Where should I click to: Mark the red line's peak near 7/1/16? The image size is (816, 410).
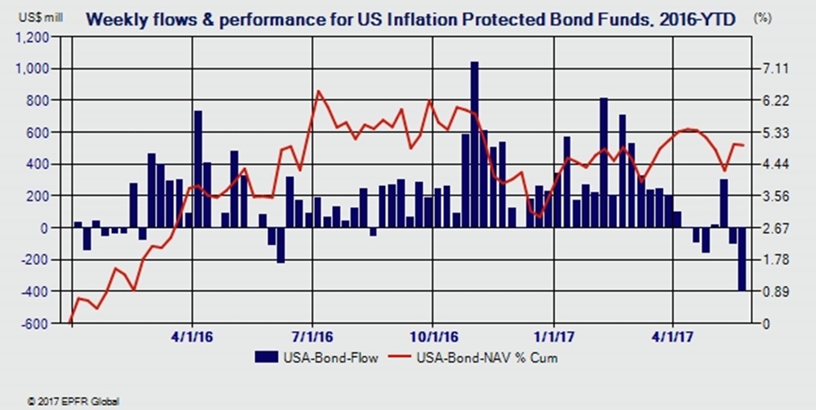tap(318, 91)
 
